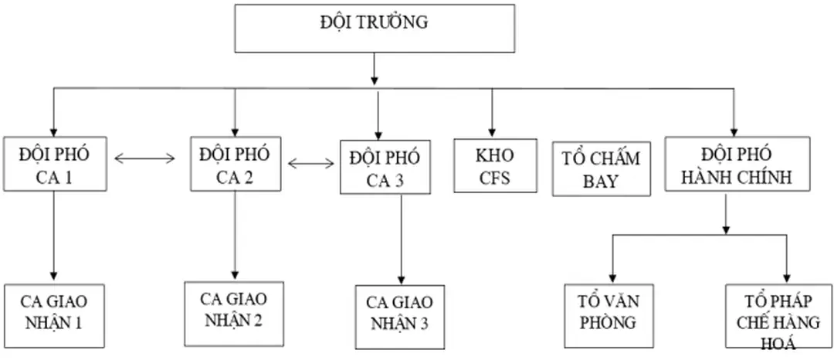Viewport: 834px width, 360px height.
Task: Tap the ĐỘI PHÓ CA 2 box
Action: point(235,164)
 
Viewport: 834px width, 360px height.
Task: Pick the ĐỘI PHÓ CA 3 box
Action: point(385,167)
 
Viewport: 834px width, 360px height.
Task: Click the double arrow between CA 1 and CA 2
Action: point(144,159)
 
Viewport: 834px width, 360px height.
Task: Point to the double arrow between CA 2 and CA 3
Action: point(311,163)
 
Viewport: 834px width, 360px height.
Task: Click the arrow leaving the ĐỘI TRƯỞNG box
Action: point(374,70)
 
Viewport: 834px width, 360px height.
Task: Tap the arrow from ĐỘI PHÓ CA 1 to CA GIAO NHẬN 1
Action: point(53,236)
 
